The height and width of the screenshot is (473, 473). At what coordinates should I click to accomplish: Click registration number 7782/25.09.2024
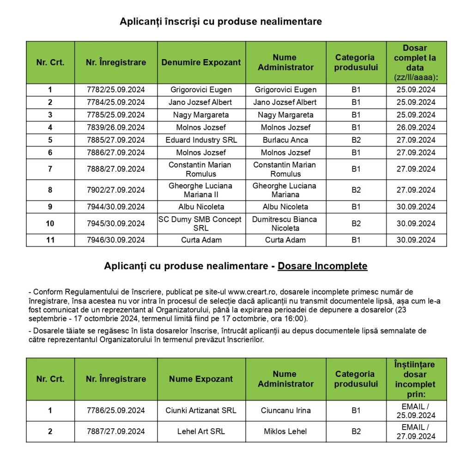tap(115, 90)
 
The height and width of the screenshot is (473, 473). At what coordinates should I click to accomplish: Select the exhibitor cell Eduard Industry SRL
tap(201, 140)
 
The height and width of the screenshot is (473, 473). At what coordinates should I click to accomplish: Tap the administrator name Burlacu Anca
tap(285, 140)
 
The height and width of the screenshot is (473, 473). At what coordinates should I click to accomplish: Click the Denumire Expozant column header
tap(201, 62)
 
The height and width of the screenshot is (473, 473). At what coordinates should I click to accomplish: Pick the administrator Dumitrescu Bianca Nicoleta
tap(285, 224)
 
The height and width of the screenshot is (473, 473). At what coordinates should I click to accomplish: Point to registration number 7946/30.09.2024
tap(115, 240)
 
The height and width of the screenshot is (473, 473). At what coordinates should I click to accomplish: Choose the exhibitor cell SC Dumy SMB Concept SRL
tap(201, 224)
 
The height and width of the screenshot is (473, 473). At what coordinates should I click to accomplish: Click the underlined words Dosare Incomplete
tap(322, 266)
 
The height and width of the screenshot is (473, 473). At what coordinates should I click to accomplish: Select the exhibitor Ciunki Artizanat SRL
tap(201, 410)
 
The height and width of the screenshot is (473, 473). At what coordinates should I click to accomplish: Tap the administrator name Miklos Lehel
tap(285, 431)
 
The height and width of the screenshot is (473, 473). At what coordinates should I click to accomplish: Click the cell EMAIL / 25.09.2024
tap(416, 410)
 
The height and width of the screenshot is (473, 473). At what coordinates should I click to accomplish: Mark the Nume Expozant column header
tap(201, 379)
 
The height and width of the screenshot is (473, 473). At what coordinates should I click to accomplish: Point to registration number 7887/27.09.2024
tap(115, 431)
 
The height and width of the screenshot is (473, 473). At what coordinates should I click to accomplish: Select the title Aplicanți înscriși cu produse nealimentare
tap(221, 22)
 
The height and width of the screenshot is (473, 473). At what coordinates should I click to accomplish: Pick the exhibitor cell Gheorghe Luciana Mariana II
tap(201, 190)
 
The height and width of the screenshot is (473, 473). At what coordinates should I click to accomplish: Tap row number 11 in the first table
tap(50, 240)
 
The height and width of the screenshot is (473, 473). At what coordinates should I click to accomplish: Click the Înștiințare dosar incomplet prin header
tap(416, 379)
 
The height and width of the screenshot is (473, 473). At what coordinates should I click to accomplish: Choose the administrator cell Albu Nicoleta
tap(285, 206)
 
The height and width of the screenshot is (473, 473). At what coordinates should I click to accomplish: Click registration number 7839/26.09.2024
tap(115, 127)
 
